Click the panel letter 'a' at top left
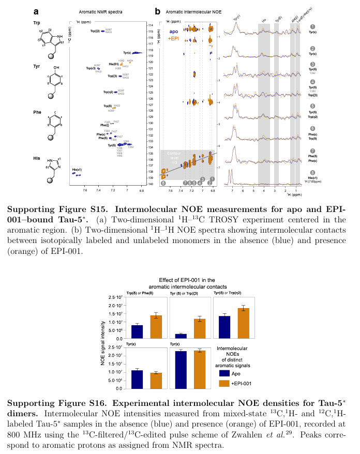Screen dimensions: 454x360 [36, 11]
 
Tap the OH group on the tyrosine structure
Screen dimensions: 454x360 [56, 68]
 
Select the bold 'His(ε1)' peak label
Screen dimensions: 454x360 [77, 170]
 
